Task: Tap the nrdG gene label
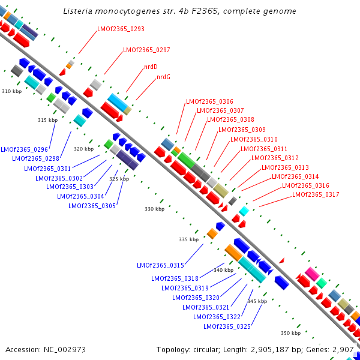coord(163,77)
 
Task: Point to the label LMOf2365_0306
coord(209,102)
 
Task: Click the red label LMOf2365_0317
coord(316,194)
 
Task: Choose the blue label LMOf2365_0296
coord(24,149)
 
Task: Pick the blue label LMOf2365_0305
coord(92,206)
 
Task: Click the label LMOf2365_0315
coord(160,265)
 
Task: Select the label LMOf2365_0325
coord(227,326)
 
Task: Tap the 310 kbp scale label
coord(11,92)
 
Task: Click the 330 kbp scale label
coord(154,209)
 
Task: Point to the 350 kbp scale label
coord(290,333)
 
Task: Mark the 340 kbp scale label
coord(223,271)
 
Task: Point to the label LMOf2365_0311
coord(264,149)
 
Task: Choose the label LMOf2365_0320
coord(196,298)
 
